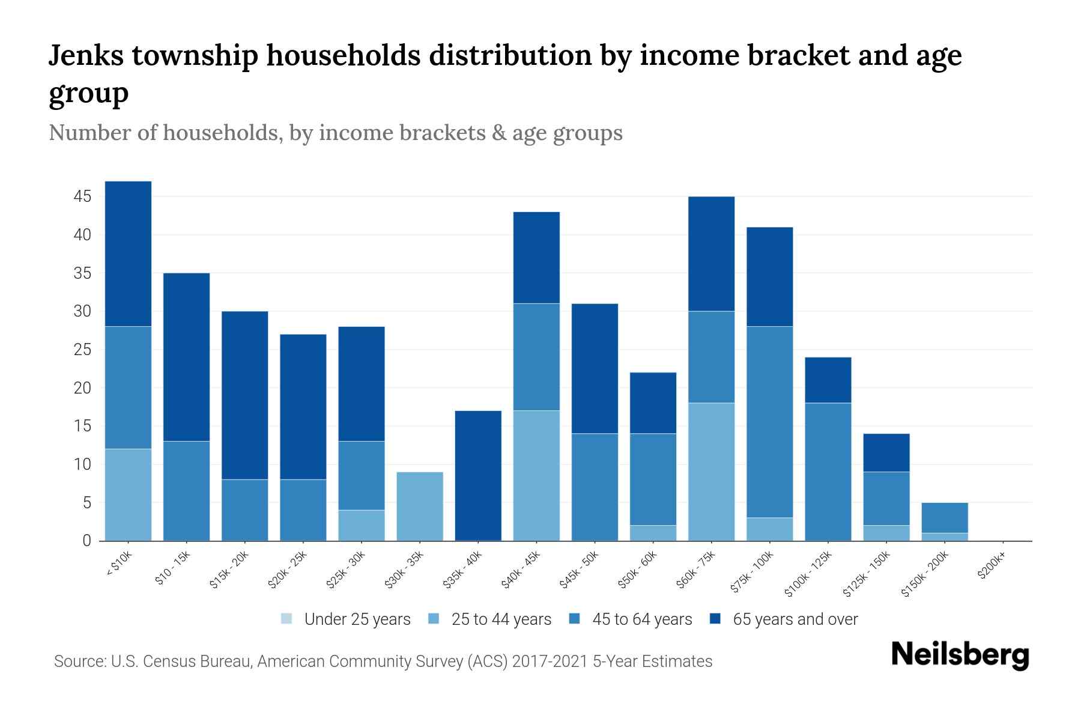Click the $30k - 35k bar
[420, 507]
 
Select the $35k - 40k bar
[478, 476]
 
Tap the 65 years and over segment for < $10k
[128, 254]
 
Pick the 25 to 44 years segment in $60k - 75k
[711, 472]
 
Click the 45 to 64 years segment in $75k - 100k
[769, 422]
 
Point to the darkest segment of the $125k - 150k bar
[886, 452]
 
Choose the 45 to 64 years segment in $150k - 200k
[945, 518]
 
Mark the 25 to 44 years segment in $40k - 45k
[536, 475]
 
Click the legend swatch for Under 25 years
[287, 619]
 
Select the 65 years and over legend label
[795, 619]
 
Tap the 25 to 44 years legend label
[501, 619]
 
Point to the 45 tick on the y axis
[82, 196]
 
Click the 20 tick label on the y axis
[82, 388]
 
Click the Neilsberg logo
[960, 654]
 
